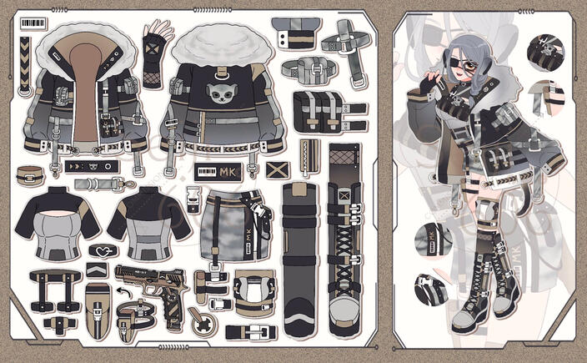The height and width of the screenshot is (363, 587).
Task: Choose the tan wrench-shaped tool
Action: point(198,320)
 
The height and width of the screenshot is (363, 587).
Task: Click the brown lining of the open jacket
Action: point(83,92)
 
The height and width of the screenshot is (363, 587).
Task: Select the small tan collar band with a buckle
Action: point(34,176)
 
